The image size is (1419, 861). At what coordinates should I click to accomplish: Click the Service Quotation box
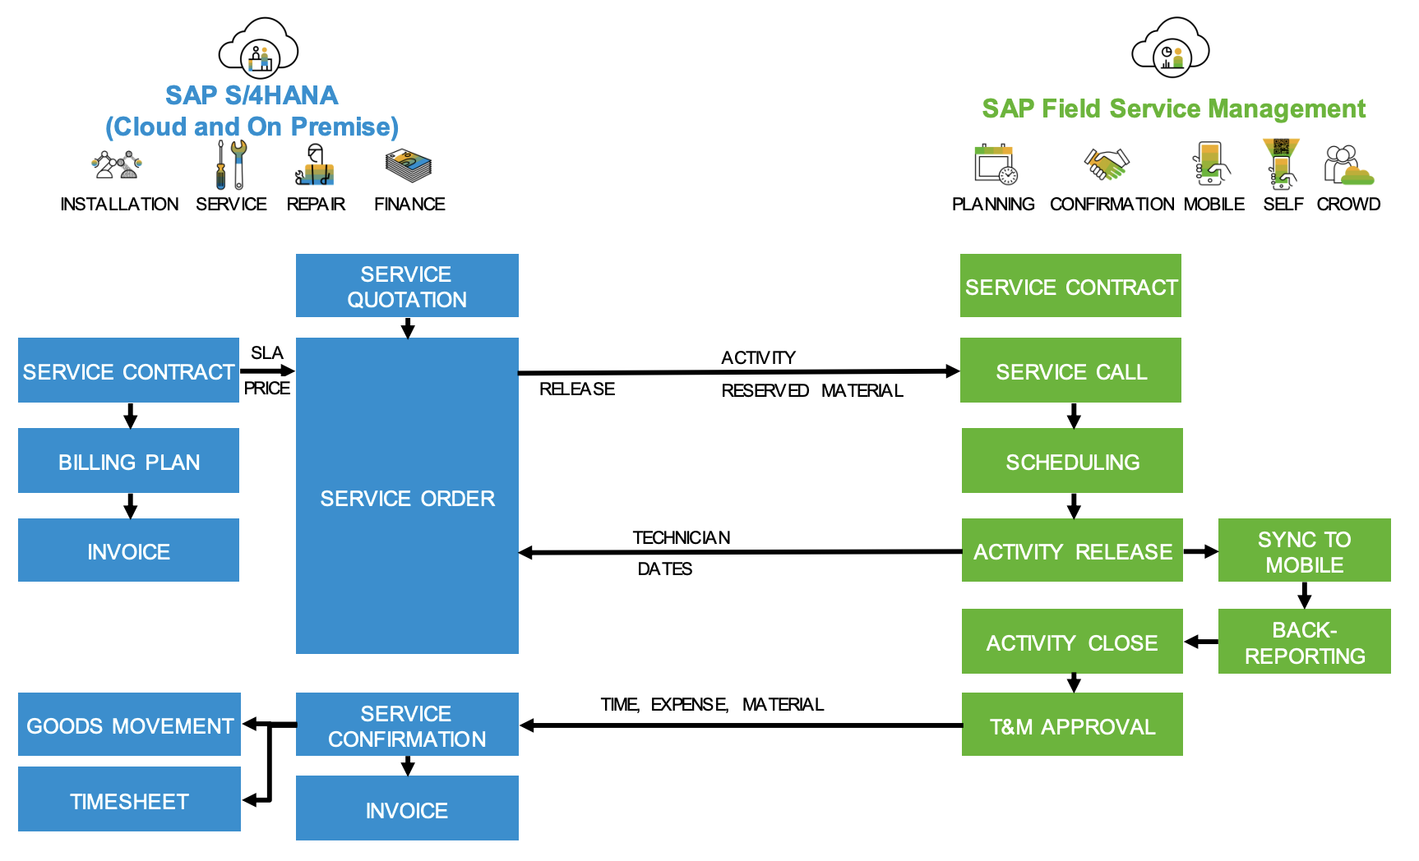click(407, 286)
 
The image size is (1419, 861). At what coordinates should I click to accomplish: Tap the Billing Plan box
click(129, 461)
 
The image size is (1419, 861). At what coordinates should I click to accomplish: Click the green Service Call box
click(1070, 371)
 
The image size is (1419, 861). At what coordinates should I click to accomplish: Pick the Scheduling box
click(1072, 461)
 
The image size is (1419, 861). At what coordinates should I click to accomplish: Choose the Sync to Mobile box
click(1304, 550)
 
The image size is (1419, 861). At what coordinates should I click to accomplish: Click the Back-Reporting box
click(1304, 642)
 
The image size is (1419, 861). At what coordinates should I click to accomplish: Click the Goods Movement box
click(129, 725)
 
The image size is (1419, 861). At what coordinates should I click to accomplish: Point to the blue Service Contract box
click(129, 371)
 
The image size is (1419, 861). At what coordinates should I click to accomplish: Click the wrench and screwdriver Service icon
click(231, 164)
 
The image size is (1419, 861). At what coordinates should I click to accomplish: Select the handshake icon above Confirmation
click(1107, 163)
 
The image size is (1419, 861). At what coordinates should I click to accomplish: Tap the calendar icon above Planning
click(995, 164)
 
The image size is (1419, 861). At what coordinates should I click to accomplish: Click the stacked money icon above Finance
click(409, 165)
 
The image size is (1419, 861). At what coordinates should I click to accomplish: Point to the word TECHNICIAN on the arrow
click(681, 537)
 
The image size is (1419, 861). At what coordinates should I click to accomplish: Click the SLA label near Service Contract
click(267, 352)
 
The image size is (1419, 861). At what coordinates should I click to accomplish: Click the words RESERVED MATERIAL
click(811, 390)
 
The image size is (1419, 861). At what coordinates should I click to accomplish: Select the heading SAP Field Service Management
click(1173, 108)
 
